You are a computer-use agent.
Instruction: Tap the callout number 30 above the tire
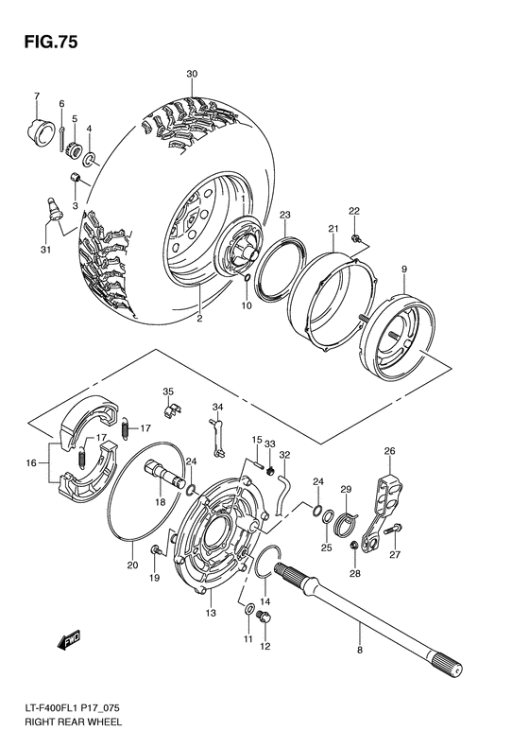(192, 74)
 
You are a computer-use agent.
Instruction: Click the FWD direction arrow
(69, 642)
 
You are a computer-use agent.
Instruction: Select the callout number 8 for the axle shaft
(359, 651)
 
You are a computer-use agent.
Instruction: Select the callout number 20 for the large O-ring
(132, 565)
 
